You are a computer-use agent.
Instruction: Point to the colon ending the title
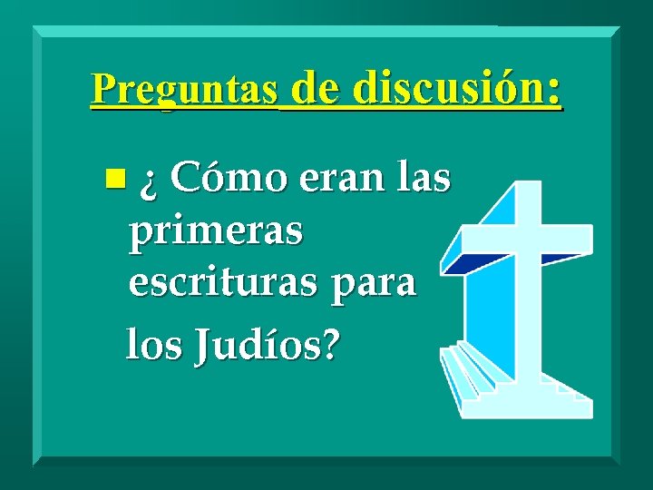coord(553,91)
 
